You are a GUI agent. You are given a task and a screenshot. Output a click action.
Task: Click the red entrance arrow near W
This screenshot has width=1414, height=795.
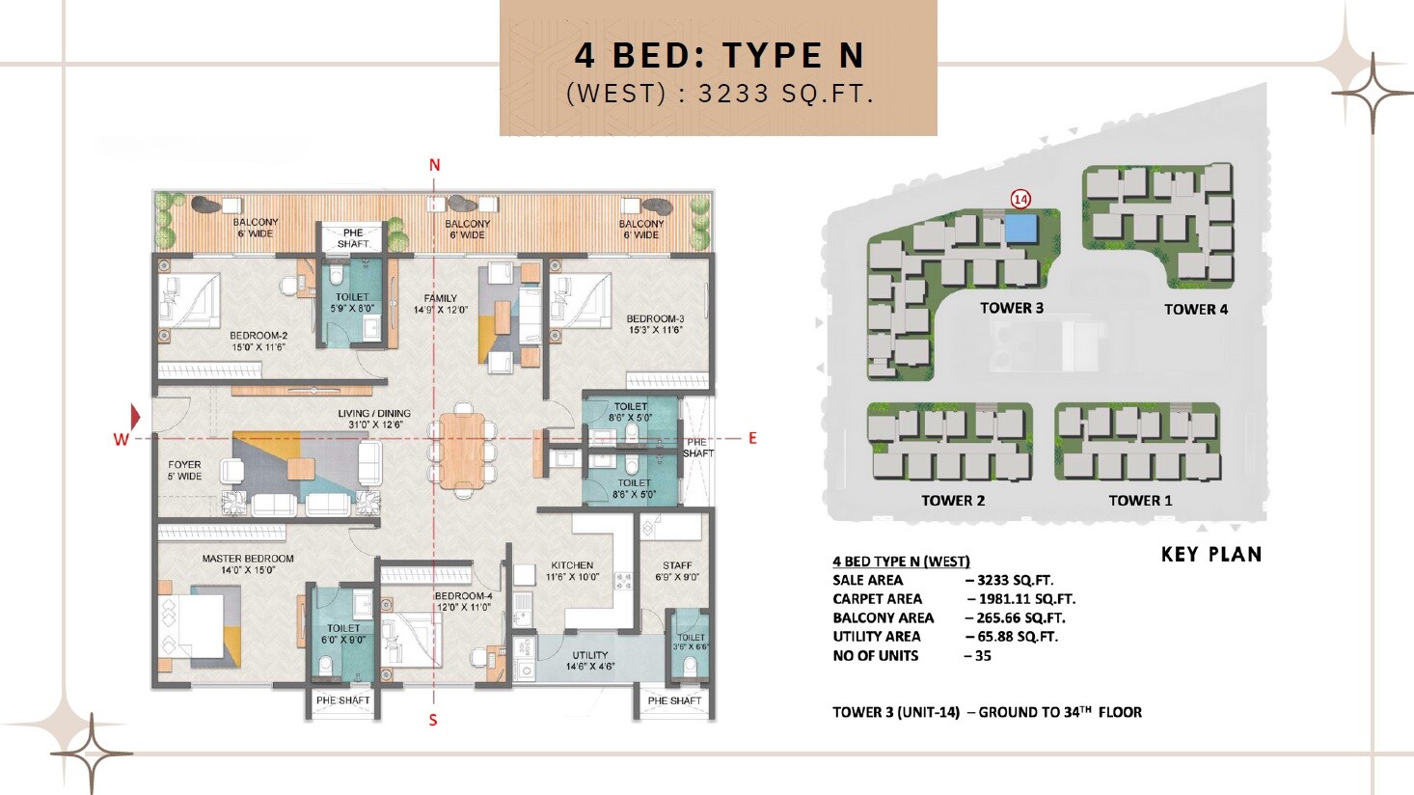click(135, 417)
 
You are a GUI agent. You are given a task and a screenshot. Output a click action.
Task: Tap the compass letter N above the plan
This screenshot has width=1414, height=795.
click(434, 165)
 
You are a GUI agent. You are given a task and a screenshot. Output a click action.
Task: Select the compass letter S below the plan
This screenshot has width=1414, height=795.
click(433, 720)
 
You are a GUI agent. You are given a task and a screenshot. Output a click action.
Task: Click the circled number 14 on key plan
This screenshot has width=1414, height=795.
click(1020, 199)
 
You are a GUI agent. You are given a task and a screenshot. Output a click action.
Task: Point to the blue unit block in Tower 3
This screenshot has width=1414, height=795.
click(1019, 229)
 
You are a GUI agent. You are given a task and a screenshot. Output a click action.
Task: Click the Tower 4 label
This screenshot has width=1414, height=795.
click(1195, 310)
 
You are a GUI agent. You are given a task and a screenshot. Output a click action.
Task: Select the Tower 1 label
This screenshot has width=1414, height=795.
click(1140, 501)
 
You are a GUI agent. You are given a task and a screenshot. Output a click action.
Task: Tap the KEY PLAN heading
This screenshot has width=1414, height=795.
click(1210, 554)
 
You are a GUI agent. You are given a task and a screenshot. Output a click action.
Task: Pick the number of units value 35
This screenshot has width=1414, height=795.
click(982, 656)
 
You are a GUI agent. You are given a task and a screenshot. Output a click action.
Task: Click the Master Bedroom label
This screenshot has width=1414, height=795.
click(248, 564)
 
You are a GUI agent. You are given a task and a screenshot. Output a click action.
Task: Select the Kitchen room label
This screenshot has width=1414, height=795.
click(572, 571)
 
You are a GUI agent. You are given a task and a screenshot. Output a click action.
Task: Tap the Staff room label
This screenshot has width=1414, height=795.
click(677, 571)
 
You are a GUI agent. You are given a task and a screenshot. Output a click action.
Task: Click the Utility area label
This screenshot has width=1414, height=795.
click(589, 661)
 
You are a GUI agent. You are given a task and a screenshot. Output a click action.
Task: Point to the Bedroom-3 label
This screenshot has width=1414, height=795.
click(655, 324)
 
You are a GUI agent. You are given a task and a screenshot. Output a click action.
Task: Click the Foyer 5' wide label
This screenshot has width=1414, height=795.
click(184, 470)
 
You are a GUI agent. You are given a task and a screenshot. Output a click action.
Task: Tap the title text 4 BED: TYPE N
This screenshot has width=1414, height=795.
click(719, 55)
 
